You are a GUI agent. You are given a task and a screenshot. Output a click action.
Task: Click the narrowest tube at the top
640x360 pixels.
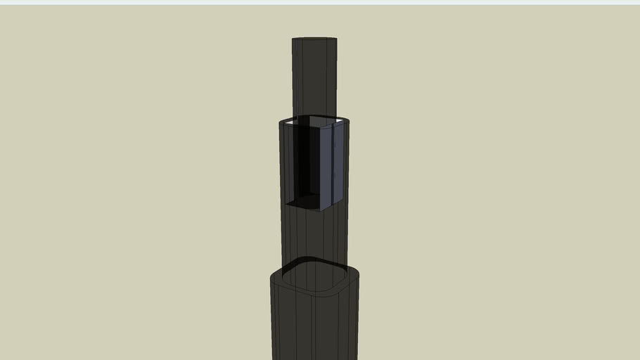coord(314,77)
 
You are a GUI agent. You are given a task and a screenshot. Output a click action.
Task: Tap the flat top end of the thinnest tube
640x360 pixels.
coord(314,39)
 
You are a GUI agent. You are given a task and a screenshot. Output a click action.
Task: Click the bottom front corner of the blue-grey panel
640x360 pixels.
coord(322,210)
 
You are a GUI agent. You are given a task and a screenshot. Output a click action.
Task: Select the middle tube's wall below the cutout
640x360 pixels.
coord(314,236)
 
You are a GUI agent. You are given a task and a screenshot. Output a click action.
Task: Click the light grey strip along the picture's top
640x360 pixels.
coord(320,2)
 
